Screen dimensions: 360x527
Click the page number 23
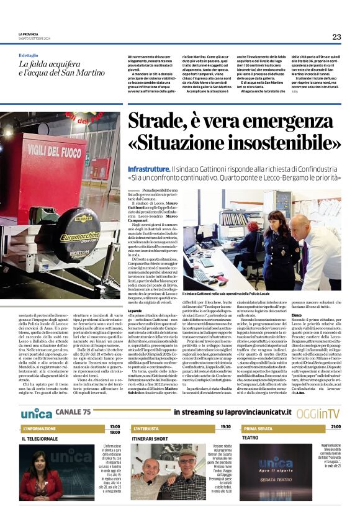[336, 37]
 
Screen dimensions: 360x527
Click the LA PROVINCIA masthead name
[29, 34]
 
